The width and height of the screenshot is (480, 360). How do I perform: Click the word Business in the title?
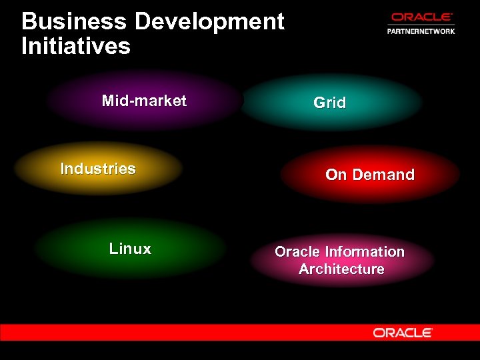(x=74, y=22)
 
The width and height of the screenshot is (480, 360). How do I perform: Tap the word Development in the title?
(x=209, y=22)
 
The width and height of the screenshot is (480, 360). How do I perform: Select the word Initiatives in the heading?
(x=76, y=47)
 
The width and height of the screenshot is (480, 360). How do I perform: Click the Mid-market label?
(x=144, y=101)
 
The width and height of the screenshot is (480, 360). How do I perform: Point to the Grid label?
(x=330, y=103)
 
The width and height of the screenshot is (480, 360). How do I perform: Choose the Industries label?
(x=98, y=169)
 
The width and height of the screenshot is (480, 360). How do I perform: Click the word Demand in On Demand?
(x=383, y=175)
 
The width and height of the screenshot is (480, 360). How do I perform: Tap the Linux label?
(x=130, y=249)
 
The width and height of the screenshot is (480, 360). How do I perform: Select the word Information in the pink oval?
(x=365, y=252)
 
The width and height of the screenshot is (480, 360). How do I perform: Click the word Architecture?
(x=341, y=269)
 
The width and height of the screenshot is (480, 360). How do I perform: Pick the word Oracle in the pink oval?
(x=297, y=252)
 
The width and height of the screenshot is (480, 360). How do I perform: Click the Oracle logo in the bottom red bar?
(x=403, y=332)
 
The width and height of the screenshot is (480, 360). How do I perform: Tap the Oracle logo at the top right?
(x=421, y=18)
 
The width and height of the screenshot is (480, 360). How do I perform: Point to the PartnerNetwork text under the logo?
(x=421, y=31)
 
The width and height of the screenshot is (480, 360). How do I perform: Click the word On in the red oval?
(x=335, y=175)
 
